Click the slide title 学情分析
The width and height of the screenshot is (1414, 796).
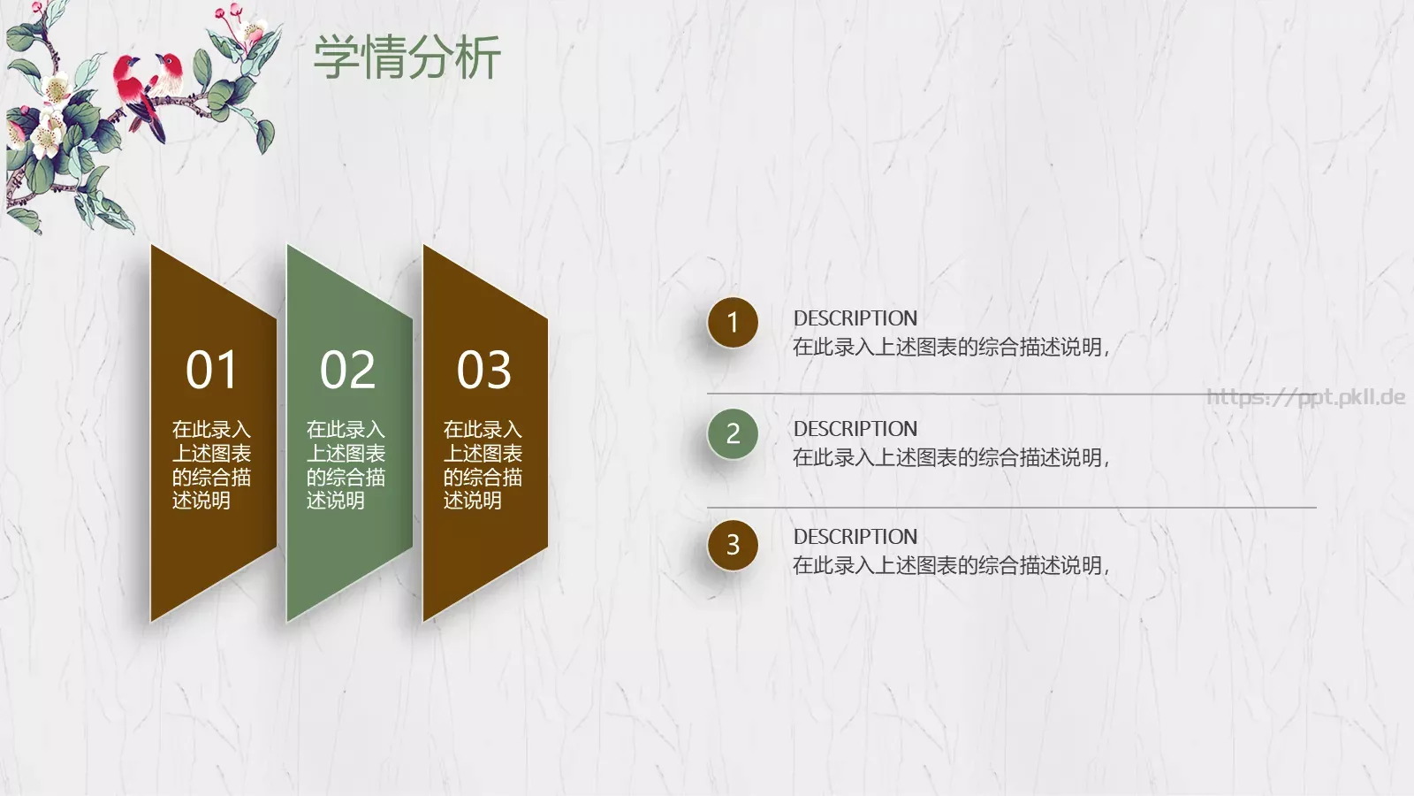(x=407, y=57)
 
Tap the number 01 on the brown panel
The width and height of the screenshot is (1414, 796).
(x=212, y=370)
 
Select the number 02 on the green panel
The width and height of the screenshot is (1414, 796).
(x=347, y=370)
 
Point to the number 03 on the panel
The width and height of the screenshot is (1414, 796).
(x=483, y=370)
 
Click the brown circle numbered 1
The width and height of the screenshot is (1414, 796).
(x=733, y=323)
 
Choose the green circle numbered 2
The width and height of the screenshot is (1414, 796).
(x=733, y=433)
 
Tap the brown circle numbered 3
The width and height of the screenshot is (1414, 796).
(x=733, y=545)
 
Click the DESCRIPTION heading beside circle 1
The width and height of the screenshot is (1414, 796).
(x=855, y=318)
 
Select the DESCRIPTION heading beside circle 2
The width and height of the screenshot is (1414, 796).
(x=855, y=429)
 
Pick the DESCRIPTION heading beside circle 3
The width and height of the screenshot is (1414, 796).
(x=855, y=537)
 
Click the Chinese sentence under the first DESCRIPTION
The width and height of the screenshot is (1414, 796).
(x=950, y=348)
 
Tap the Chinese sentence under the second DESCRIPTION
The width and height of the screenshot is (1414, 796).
(x=950, y=458)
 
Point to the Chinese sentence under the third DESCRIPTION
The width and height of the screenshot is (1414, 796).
(x=950, y=566)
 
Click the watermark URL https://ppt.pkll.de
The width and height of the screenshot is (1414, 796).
(x=1305, y=397)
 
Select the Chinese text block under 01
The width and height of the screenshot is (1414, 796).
(x=211, y=465)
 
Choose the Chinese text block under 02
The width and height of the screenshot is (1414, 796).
(x=346, y=465)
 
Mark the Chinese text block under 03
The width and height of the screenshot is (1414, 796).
(x=483, y=465)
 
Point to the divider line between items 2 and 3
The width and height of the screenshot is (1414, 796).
(x=1011, y=508)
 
